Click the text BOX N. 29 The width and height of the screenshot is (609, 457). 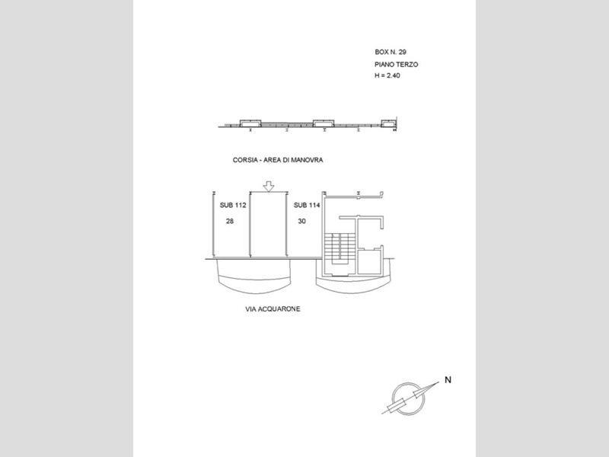point(391,52)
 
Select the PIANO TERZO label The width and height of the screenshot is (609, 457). point(396,65)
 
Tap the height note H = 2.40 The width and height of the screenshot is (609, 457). point(387,75)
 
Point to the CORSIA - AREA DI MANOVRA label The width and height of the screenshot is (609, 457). point(278,160)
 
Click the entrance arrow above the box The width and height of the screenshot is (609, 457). point(269,187)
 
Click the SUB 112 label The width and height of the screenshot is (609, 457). point(233,205)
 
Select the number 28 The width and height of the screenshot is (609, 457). point(230,221)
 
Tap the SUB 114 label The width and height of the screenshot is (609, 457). point(307,205)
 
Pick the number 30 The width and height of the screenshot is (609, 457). point(301,221)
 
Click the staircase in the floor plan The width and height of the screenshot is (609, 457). point(340,249)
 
